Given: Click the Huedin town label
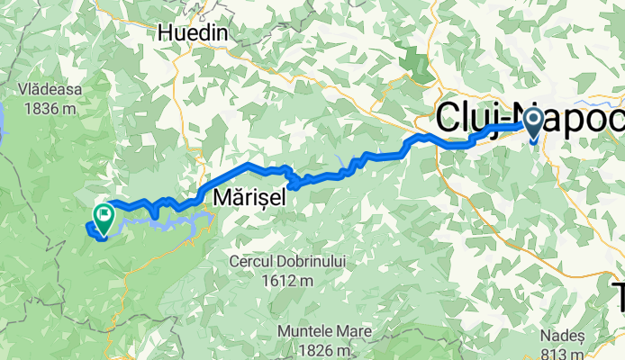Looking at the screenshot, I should point(193,33).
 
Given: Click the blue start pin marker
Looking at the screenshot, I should point(532,123).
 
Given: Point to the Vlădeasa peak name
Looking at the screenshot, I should point(49,90).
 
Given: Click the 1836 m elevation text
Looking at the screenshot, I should point(49,108).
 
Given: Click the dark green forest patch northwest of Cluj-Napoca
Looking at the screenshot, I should point(416,64).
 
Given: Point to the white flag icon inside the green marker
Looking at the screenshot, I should point(103,214).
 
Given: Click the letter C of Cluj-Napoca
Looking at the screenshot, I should point(450,119).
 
